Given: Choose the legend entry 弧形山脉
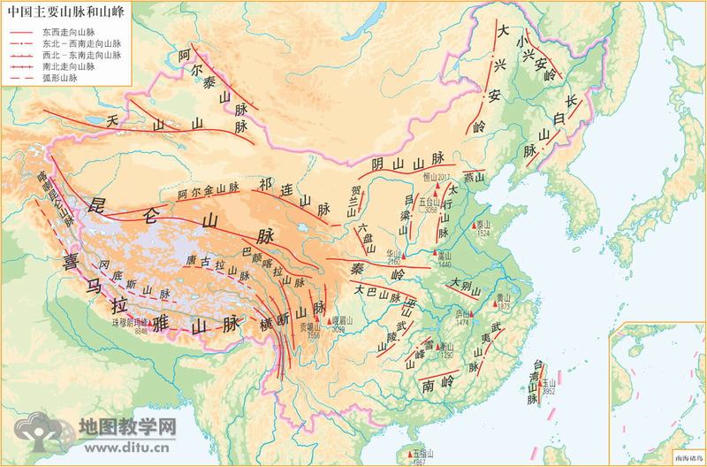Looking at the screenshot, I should coord(53,79).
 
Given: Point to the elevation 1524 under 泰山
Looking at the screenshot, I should coord(482,234).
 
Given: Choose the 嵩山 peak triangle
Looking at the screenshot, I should coord(437,256).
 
